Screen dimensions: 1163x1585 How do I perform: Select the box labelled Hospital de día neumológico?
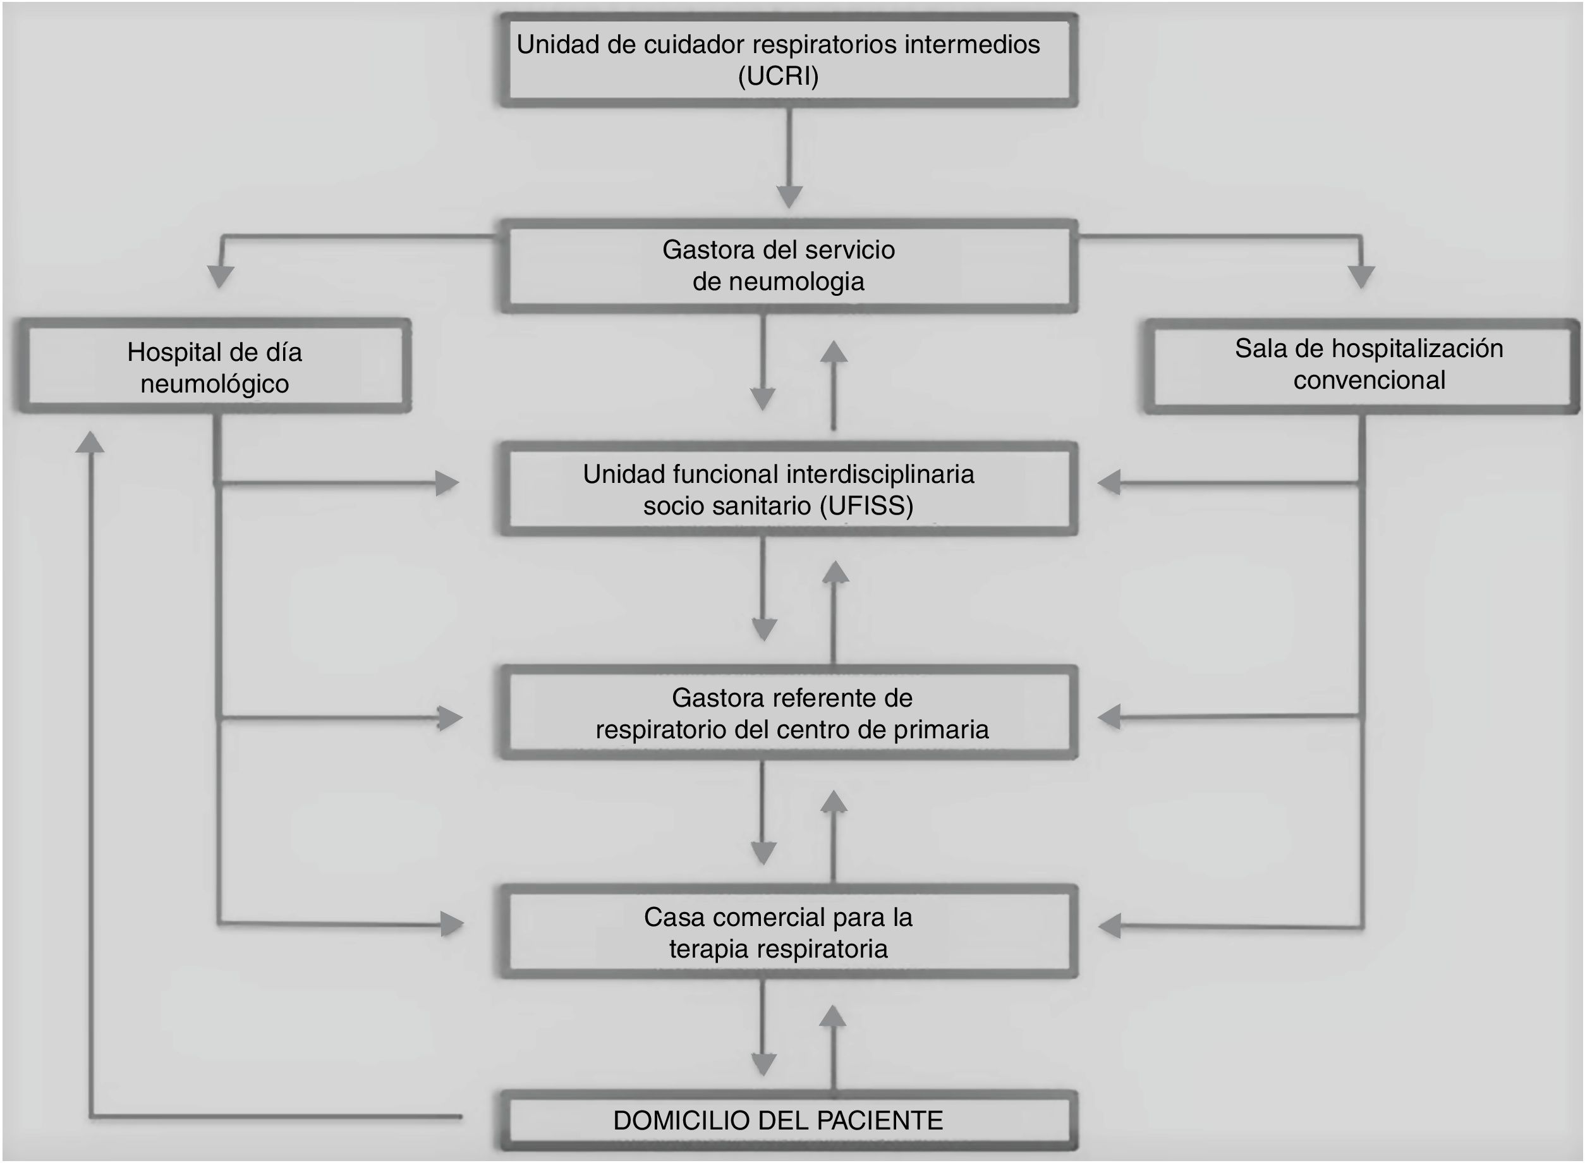tap(214, 367)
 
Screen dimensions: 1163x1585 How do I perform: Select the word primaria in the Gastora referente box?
tap(941, 729)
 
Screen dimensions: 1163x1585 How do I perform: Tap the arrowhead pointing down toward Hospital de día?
tap(221, 276)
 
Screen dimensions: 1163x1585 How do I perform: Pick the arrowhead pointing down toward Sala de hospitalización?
tap(1361, 276)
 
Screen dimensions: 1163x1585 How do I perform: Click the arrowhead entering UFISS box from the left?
tap(447, 483)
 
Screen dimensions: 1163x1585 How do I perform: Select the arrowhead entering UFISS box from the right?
tap(1109, 483)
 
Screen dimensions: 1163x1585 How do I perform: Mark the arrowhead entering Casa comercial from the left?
tap(452, 923)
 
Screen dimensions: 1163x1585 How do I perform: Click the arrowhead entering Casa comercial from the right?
tap(1110, 926)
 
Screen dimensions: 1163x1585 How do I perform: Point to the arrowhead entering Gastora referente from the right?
tap(1109, 717)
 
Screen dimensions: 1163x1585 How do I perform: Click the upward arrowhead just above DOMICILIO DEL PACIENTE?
tap(834, 1016)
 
